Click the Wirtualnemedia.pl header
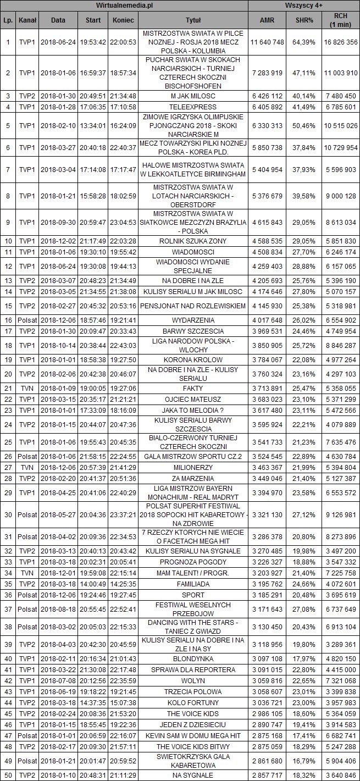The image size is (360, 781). pos(124,5)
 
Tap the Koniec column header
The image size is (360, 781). pos(123,20)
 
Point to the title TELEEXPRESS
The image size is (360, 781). pos(193,106)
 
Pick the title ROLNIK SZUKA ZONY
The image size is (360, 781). pos(193,241)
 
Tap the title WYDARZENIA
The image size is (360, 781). pos(193,320)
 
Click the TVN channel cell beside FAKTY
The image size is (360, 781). pos(27,387)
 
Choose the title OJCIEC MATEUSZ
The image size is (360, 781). pos(193,398)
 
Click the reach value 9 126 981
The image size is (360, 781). pos(341,514)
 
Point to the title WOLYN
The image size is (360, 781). pos(193,680)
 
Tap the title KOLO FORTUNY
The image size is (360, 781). pos(193,702)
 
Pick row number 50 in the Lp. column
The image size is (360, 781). pos(8,774)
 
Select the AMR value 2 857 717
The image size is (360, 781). pos(267,774)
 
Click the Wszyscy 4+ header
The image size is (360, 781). pos(303,5)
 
